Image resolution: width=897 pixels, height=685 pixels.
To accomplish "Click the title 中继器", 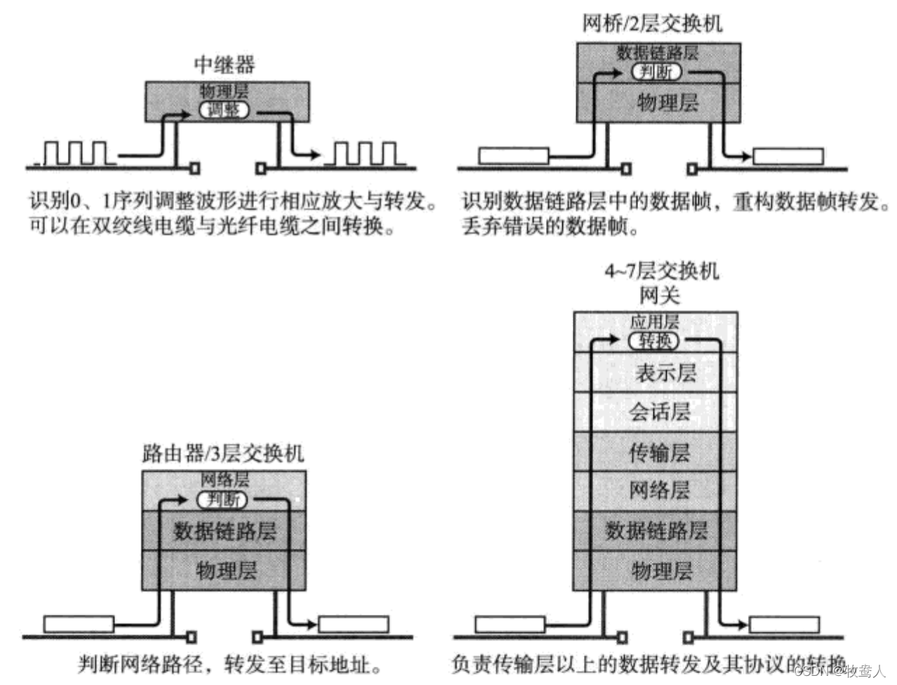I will click(224, 65).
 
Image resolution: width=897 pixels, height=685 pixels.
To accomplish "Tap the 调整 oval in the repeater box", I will click(224, 110).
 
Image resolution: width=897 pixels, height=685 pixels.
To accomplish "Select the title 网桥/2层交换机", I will click(651, 24).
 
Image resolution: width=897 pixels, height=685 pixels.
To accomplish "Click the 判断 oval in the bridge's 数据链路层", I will click(656, 72).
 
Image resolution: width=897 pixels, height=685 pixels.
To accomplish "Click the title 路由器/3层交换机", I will click(223, 453).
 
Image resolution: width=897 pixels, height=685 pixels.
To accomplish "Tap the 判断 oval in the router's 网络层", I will click(222, 500).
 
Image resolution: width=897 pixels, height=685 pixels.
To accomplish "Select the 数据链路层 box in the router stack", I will click(224, 531).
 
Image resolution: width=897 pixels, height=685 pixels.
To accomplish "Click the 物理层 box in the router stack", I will click(224, 570).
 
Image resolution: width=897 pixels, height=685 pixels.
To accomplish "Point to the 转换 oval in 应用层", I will click(654, 341).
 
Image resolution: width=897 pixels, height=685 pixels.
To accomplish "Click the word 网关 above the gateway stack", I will click(659, 295).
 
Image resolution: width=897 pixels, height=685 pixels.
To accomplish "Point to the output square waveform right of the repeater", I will click(364, 154).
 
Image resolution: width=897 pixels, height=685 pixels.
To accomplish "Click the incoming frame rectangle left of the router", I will click(79, 623).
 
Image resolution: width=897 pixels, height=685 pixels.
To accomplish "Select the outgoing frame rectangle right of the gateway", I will click(784, 624).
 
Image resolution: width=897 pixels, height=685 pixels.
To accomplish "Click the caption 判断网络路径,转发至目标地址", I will click(230, 663).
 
